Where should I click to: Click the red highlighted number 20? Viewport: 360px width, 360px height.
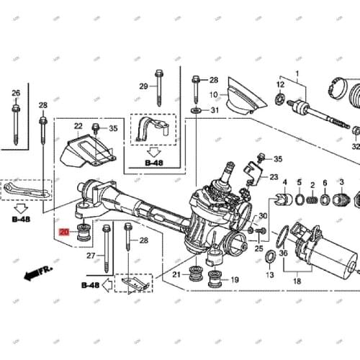coord(64,232)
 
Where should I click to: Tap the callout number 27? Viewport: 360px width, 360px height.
coord(90,256)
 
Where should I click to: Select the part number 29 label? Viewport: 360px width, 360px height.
coord(143,86)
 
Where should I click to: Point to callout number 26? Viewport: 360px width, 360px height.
coord(15,93)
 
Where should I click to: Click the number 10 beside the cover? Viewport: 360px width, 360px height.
coord(213,94)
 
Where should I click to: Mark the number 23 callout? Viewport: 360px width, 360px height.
coord(274,177)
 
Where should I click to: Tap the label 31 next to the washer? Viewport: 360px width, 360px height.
coord(214,110)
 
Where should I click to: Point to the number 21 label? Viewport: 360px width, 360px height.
coord(176,274)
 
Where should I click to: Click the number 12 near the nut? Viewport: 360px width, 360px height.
coord(280,85)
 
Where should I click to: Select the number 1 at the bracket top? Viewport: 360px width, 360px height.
coord(295,73)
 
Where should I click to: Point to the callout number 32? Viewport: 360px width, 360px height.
coord(355,146)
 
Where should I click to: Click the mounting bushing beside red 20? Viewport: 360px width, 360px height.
coord(83,233)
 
